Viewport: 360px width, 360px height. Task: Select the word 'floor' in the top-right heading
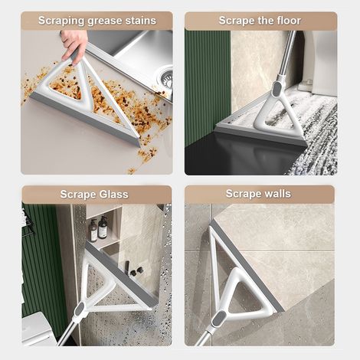(x=287, y=21)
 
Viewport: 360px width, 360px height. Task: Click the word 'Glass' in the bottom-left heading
(x=113, y=195)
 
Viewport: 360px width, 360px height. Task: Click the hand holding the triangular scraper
(x=74, y=46)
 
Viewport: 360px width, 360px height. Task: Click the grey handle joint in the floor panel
(x=276, y=89)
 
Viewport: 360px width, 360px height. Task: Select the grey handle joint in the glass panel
(x=80, y=309)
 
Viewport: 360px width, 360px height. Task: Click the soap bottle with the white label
(x=103, y=227)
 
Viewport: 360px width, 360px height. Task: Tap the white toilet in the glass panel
(x=38, y=329)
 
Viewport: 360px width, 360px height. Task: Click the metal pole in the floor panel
(x=286, y=56)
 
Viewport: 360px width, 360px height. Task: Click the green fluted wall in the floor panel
(x=208, y=87)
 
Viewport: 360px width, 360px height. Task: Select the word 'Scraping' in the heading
(x=61, y=21)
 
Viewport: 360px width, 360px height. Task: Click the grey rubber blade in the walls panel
(x=247, y=267)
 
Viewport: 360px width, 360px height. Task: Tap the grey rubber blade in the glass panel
(x=122, y=275)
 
